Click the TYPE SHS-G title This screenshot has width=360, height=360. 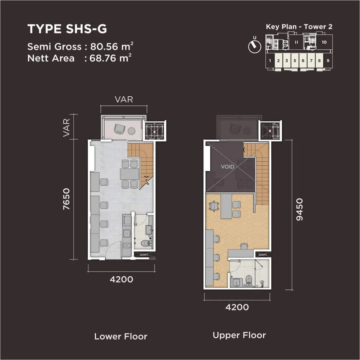coord(67,29)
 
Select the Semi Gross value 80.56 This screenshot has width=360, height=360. coord(104,46)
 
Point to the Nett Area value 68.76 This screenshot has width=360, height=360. coord(103,58)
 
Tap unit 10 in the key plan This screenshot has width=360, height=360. coord(324,42)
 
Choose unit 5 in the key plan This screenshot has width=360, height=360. coord(295,61)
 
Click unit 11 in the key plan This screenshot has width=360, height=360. coord(296,42)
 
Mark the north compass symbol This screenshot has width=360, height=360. coord(255,45)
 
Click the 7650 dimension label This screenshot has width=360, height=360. coord(66,199)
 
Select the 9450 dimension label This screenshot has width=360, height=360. coord(299,210)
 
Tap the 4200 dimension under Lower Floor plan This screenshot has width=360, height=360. coord(122,279)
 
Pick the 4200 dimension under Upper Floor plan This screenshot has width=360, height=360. coord(237,307)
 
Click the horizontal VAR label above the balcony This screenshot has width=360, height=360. coord(124,99)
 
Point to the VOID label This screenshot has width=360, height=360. coord(227,167)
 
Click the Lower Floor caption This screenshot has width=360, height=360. coord(121,336)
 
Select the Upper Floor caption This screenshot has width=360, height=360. coord(239,335)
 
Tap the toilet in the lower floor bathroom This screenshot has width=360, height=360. coord(145,243)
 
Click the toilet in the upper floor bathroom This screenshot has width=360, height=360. coord(249,280)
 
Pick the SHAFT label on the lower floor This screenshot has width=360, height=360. coord(144,255)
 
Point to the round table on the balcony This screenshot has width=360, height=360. coord(132,131)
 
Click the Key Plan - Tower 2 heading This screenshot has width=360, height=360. coord(299,27)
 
